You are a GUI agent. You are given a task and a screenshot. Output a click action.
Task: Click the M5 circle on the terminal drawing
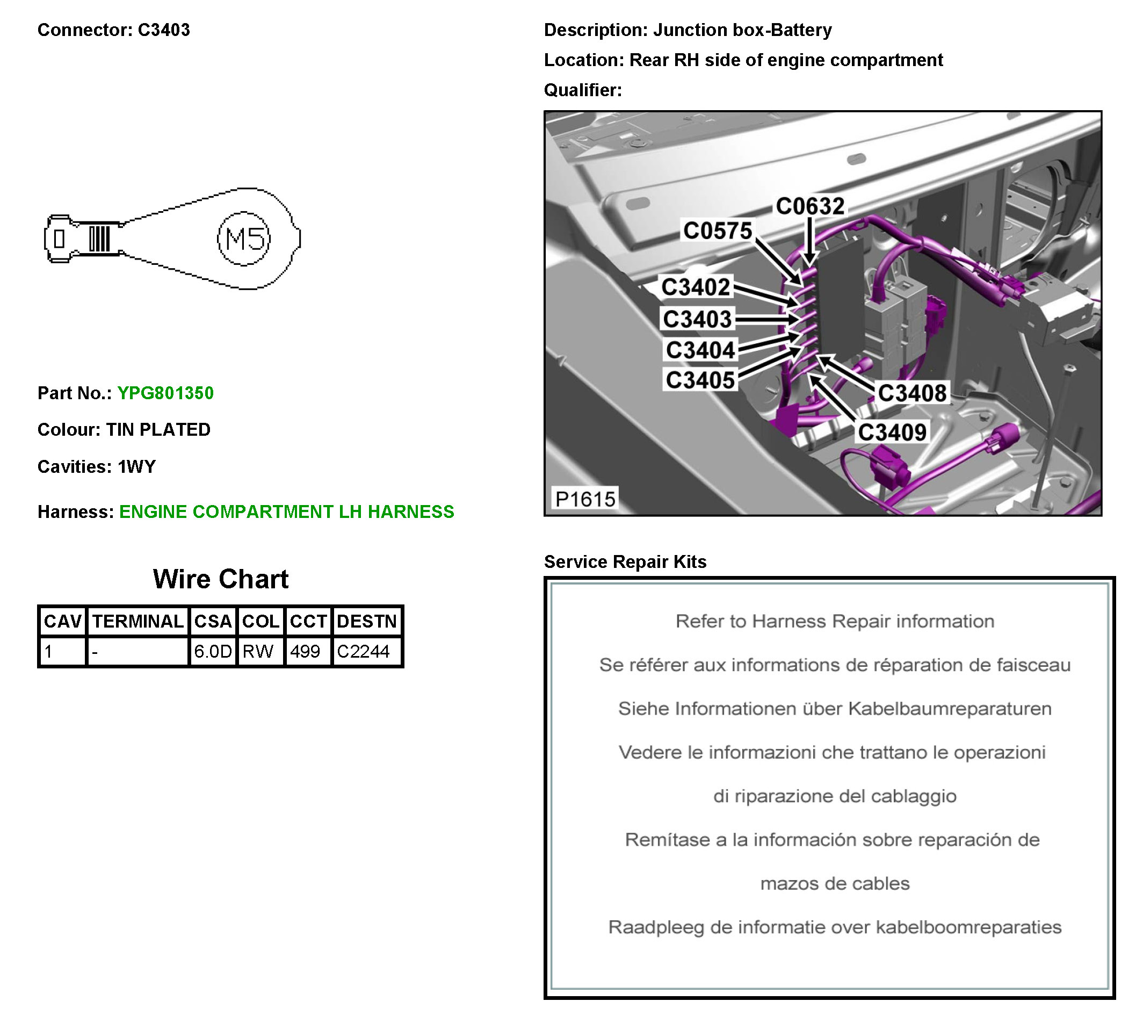coord(244,239)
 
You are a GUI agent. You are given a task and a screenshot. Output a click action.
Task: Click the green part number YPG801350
coord(165,393)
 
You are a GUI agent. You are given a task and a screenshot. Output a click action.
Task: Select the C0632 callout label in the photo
coord(810,206)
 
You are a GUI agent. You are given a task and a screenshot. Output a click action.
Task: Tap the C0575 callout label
coord(717,230)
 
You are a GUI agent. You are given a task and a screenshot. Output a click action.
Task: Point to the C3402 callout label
coord(696,287)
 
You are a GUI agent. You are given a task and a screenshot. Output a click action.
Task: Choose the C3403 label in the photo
coord(697,319)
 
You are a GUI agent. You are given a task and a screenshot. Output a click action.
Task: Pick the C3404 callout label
coord(700,350)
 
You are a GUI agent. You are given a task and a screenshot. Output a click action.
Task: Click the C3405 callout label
coord(700,380)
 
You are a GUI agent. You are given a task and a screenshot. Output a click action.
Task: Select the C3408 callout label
coord(912,393)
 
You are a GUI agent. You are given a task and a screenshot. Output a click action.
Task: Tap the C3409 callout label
coord(892,432)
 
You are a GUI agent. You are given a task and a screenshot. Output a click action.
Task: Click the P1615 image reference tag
coord(585,499)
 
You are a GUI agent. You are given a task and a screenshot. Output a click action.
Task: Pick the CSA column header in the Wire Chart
coord(213,621)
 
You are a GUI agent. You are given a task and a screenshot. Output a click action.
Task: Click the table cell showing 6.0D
coord(213,651)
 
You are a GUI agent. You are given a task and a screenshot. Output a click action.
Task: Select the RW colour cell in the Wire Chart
coord(258,651)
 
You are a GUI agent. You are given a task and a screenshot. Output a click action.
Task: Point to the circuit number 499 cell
coord(305,651)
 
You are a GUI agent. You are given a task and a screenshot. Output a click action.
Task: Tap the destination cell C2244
coord(364,651)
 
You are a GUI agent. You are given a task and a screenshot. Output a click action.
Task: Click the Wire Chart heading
coord(220,579)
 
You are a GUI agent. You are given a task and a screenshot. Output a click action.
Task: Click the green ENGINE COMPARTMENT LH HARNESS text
coord(287,511)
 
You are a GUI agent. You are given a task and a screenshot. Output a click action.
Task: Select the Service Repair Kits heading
coord(625,561)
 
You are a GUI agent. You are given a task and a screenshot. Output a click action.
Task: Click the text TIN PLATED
coord(158,429)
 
